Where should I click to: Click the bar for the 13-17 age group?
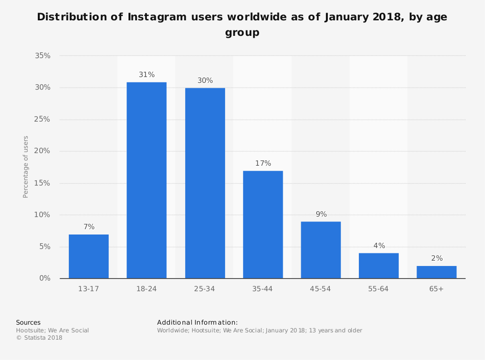coord(89,256)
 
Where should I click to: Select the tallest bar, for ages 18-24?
coord(146,180)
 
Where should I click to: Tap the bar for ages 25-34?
coord(205,183)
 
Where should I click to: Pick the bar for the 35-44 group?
coord(263,224)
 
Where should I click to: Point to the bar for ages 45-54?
coord(321,250)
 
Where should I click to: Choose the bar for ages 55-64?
coord(379,266)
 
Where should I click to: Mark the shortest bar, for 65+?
coord(436,272)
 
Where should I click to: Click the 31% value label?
coord(146,75)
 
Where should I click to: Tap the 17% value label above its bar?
coord(263,163)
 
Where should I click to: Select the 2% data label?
coord(436,258)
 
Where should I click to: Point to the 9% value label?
coord(321,214)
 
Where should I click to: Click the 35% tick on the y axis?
coord(43,56)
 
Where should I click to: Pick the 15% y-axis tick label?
coord(43,183)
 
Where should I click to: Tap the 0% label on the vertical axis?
coord(45,278)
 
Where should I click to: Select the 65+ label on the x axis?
coord(436,289)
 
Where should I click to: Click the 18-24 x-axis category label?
coord(146,289)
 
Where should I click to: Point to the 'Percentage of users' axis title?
coord(26,167)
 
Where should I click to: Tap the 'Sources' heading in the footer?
coord(28,322)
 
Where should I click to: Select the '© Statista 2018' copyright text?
coord(39,338)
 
